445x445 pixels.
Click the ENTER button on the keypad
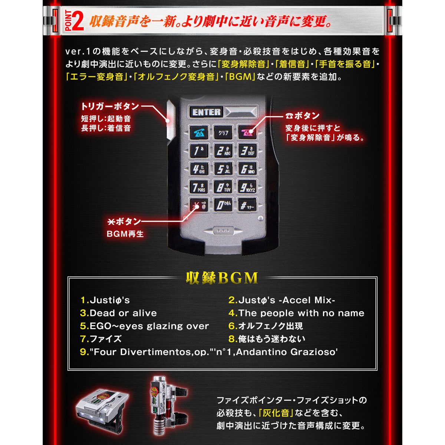pos(206,112)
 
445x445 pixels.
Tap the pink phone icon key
pos(247,132)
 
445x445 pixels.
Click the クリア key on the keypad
pos(223,132)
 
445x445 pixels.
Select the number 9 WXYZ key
pos(247,187)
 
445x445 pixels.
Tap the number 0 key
pos(223,205)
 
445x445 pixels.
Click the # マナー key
pos(247,205)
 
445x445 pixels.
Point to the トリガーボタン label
pos(110,106)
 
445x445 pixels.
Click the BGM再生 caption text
pos(125,234)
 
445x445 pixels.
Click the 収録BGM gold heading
pos(222,278)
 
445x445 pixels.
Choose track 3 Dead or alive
pos(118,313)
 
